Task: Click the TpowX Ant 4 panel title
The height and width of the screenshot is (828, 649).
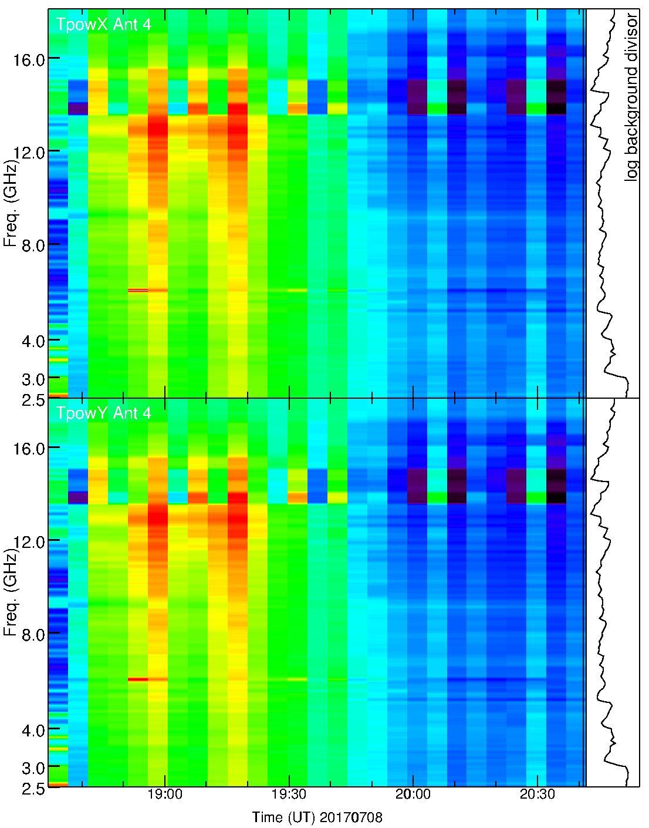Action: point(103,25)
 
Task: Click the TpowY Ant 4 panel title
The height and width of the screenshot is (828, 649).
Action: point(103,413)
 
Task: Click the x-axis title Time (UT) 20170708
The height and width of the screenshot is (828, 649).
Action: point(317,817)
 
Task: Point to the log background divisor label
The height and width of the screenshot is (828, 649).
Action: point(631,97)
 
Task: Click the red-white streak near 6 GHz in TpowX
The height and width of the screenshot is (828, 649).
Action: point(138,290)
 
